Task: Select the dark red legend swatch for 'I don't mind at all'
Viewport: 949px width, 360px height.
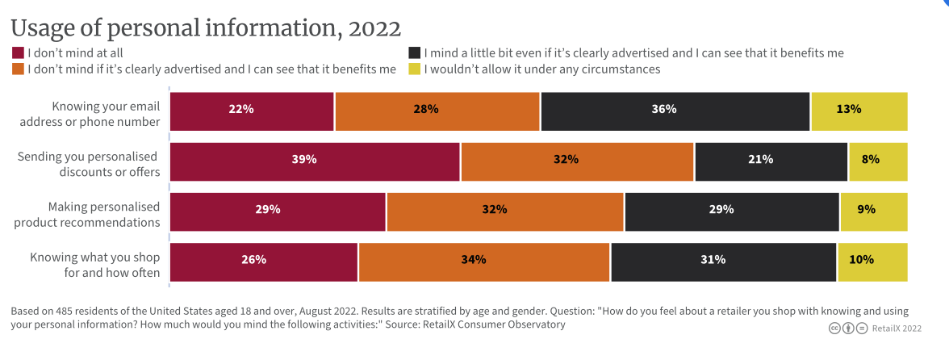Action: tap(18, 52)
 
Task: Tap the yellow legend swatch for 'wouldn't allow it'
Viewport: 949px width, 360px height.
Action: tap(415, 69)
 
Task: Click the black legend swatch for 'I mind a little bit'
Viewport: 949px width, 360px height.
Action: tap(415, 52)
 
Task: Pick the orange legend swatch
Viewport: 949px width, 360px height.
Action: tap(18, 69)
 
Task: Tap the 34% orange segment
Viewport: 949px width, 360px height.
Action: tap(484, 261)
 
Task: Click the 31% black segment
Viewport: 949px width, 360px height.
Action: tap(724, 261)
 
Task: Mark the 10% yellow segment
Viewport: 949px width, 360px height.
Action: tap(872, 261)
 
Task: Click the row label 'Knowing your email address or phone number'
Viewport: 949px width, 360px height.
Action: tap(105, 114)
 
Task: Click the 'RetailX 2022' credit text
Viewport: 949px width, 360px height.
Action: tap(897, 329)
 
